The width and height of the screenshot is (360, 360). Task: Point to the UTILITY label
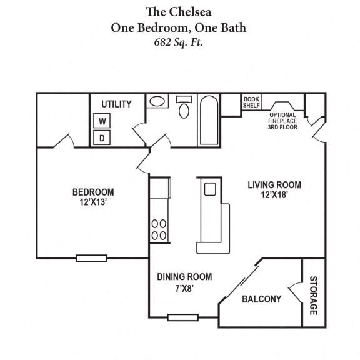(116, 104)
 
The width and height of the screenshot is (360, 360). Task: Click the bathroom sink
(157, 101)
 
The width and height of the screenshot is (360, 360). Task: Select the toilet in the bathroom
(184, 109)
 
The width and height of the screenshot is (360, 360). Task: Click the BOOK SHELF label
(251, 102)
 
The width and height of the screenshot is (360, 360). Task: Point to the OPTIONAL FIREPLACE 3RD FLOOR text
(283, 121)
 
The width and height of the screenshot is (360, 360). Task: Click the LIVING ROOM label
(274, 185)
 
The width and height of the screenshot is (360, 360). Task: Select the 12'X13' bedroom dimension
(93, 202)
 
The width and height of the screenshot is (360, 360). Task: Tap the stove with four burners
(159, 229)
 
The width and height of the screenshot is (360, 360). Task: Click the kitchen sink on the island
(209, 189)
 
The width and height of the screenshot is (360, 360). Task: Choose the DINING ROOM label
(184, 277)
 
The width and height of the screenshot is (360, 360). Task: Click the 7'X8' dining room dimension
(184, 288)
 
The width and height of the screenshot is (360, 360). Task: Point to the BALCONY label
(262, 299)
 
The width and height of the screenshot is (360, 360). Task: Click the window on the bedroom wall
(91, 257)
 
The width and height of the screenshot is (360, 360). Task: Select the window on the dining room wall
(182, 317)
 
